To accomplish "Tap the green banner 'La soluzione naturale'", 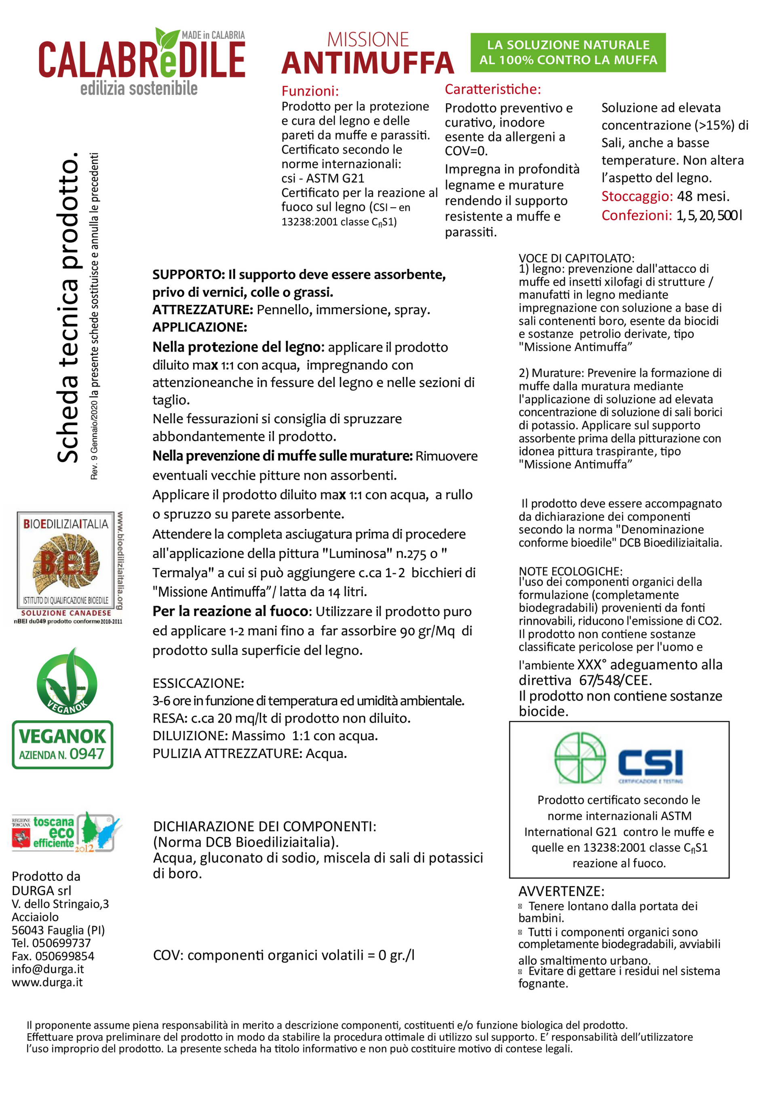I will [x=568, y=53].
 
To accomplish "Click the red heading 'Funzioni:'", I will [x=310, y=91].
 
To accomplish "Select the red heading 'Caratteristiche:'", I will [x=493, y=89].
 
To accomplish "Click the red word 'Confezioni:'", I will [x=637, y=215].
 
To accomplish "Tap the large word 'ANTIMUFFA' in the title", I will [x=367, y=63].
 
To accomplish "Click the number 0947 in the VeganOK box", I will [x=86, y=754].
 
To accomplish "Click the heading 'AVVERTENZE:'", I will [x=561, y=891].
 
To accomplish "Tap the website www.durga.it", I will [x=47, y=982].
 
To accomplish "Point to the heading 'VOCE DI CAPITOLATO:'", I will [x=576, y=258].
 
